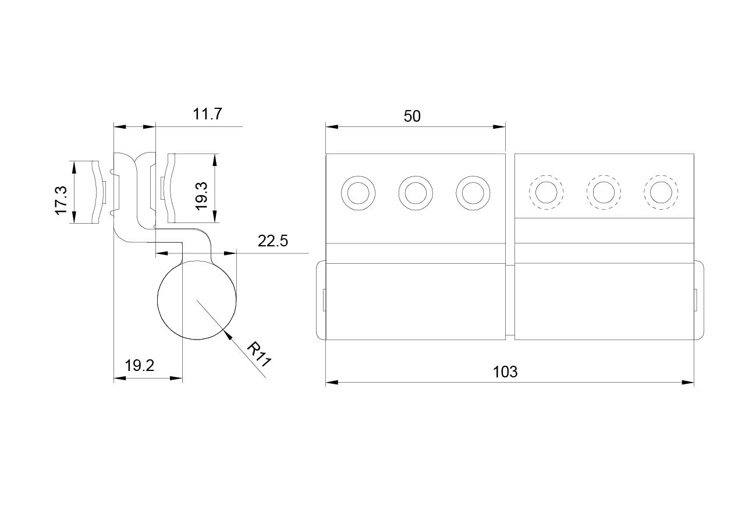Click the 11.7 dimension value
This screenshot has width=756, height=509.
(x=208, y=114)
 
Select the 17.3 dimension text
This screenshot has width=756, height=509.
(x=62, y=200)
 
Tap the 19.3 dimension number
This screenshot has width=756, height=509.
(x=201, y=196)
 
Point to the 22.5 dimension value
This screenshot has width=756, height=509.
(x=273, y=241)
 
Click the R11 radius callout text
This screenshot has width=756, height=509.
(x=259, y=354)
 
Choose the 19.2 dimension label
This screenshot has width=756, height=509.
(x=140, y=366)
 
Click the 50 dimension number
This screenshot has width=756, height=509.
(x=412, y=116)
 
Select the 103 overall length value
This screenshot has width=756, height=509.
(x=505, y=372)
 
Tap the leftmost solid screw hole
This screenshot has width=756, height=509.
(x=358, y=193)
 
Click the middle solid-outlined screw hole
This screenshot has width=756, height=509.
(x=416, y=193)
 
